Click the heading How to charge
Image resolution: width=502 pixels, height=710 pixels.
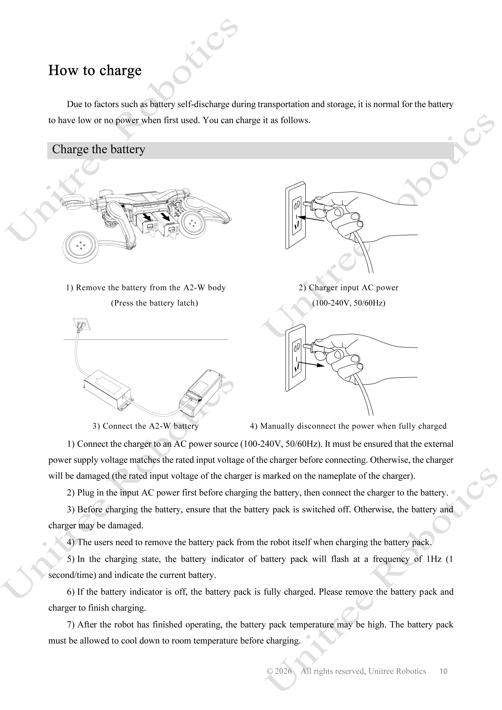[95, 70]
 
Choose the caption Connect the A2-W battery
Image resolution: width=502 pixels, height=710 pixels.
[151, 426]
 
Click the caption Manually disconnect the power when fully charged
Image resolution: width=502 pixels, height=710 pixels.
[353, 426]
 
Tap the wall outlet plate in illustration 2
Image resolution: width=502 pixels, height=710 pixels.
[296, 215]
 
